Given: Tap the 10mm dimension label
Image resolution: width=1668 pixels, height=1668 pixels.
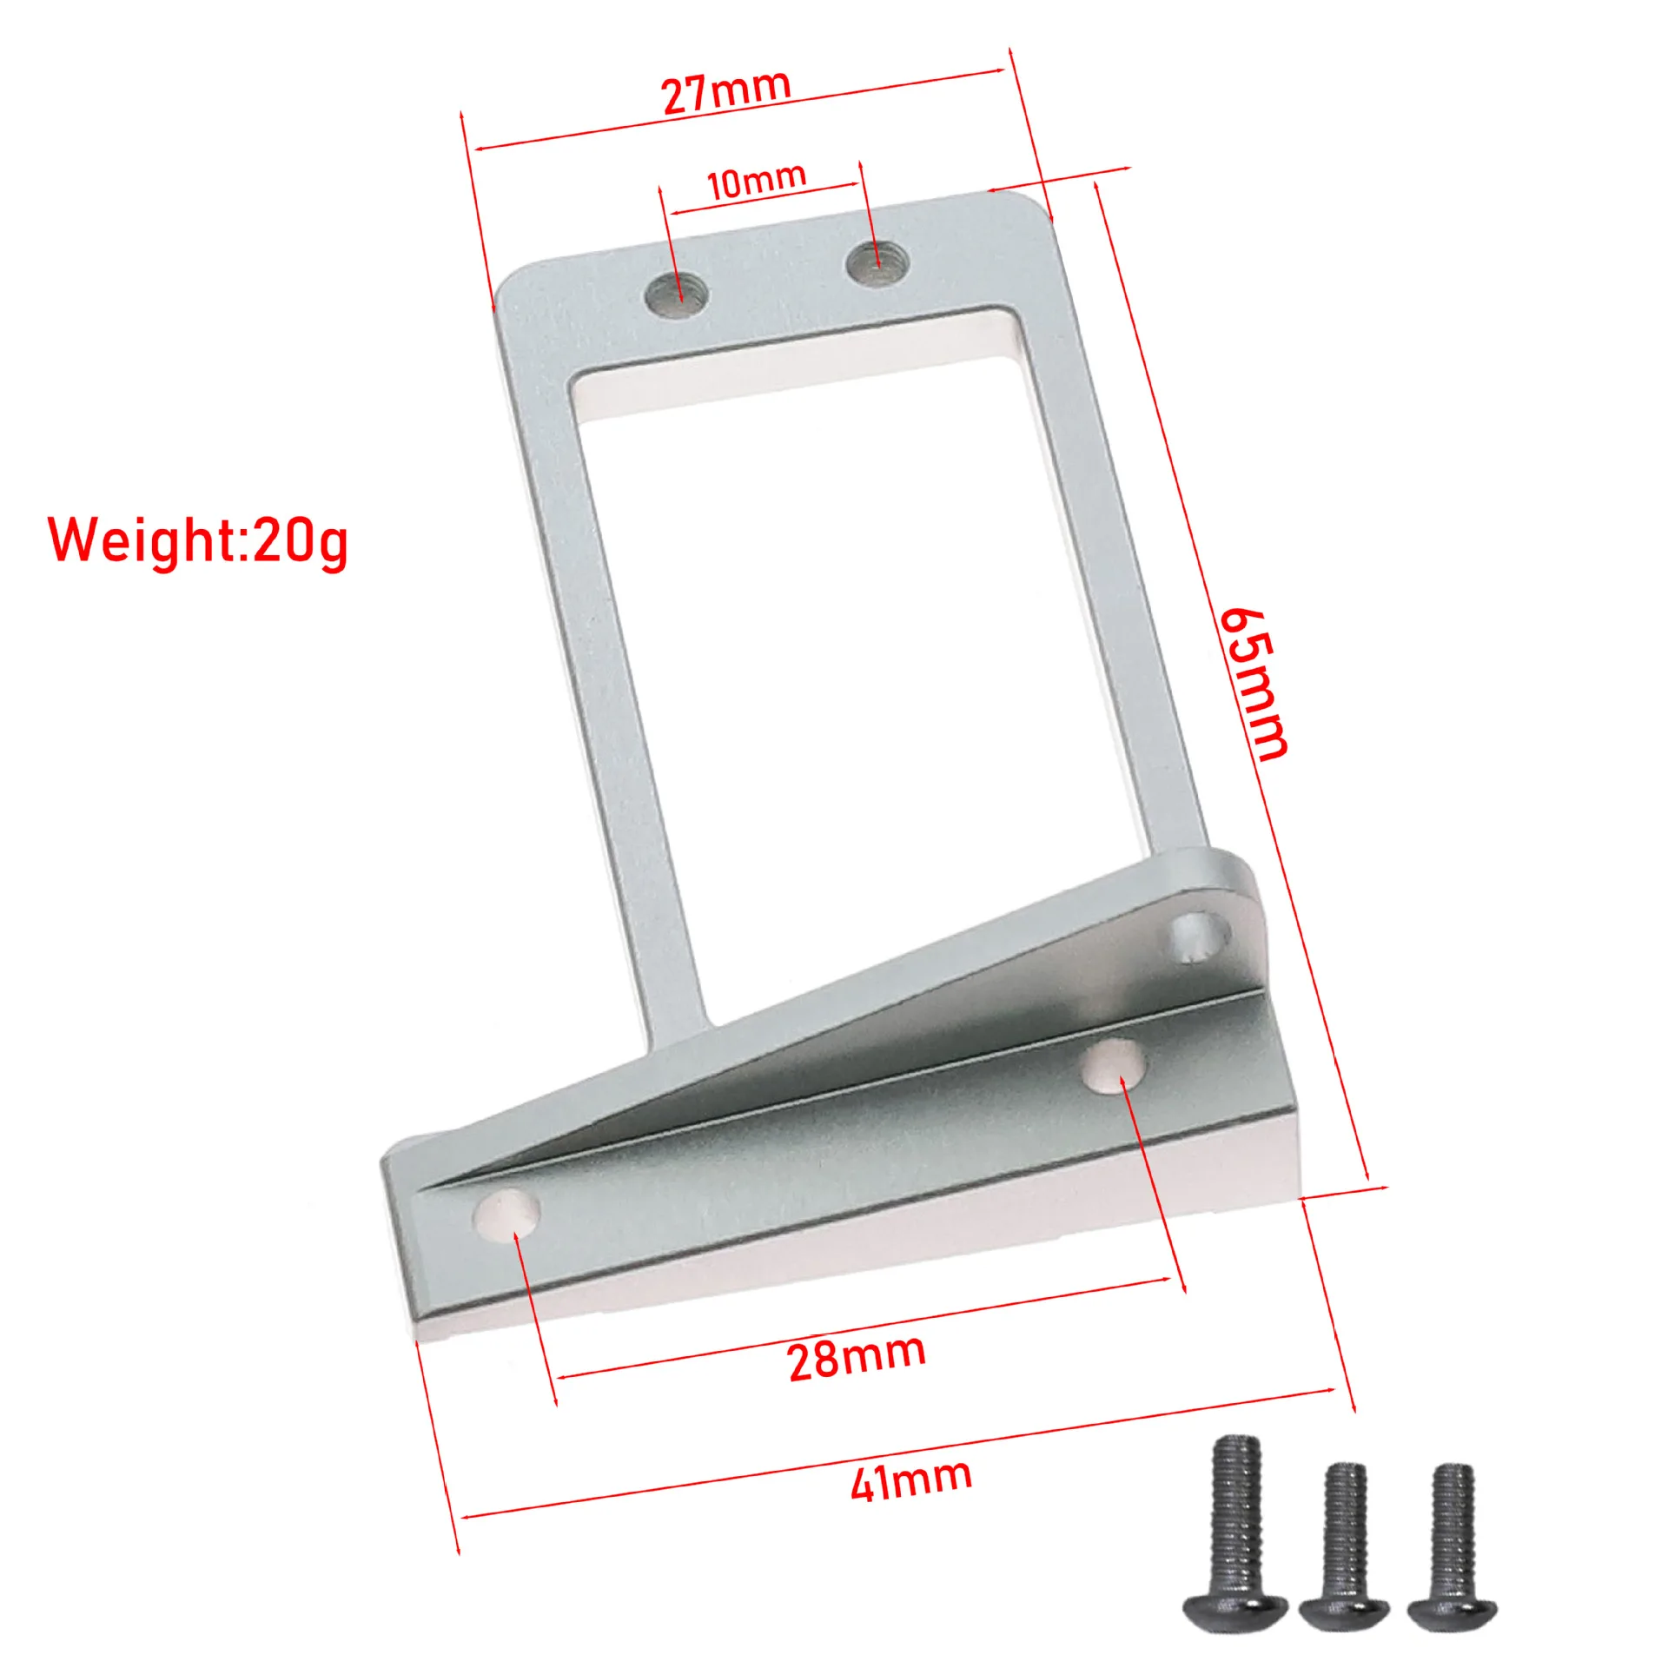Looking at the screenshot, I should (756, 181).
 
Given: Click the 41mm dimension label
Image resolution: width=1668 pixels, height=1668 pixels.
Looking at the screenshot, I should (911, 1481).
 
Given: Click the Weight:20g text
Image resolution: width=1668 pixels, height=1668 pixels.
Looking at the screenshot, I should (198, 540).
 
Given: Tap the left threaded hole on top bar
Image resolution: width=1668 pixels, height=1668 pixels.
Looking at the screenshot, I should (676, 295).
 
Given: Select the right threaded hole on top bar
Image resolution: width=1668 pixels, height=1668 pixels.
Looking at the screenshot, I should (877, 264).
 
